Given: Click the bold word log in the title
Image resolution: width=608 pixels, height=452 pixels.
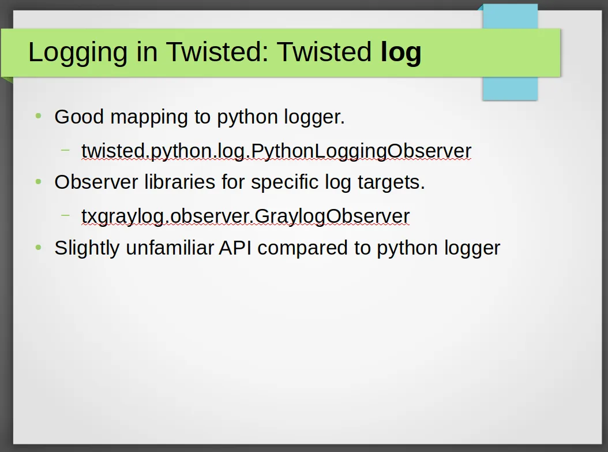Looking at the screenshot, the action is (x=401, y=53).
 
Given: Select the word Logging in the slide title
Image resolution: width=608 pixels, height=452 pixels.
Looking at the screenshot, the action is (x=77, y=53).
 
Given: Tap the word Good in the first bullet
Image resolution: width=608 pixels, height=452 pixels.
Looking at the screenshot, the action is (x=79, y=117).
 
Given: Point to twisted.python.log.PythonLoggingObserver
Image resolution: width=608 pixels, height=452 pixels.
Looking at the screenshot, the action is (x=276, y=151).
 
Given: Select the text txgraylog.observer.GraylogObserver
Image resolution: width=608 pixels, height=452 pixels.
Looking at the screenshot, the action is (x=245, y=216).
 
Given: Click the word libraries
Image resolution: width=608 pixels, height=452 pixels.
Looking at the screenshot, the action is (x=179, y=182).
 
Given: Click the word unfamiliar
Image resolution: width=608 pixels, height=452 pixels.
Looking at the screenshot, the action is (x=170, y=248).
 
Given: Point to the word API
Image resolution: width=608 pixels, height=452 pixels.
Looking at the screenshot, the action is (x=235, y=248).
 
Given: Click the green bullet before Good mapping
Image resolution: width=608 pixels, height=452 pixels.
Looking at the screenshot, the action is (x=38, y=115).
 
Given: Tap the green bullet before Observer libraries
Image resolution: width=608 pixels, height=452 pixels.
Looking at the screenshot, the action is (x=38, y=181).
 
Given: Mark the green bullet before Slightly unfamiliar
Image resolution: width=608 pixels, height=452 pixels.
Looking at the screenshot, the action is (x=38, y=247).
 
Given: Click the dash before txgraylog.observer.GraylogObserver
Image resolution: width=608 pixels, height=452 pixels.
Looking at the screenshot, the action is (x=66, y=215).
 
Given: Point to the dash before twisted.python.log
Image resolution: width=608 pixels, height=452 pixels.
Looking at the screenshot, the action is (x=66, y=150).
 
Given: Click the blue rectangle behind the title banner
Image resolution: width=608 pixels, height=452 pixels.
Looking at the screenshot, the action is (x=511, y=88).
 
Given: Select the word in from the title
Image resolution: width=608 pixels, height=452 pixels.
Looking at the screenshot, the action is (x=147, y=53).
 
